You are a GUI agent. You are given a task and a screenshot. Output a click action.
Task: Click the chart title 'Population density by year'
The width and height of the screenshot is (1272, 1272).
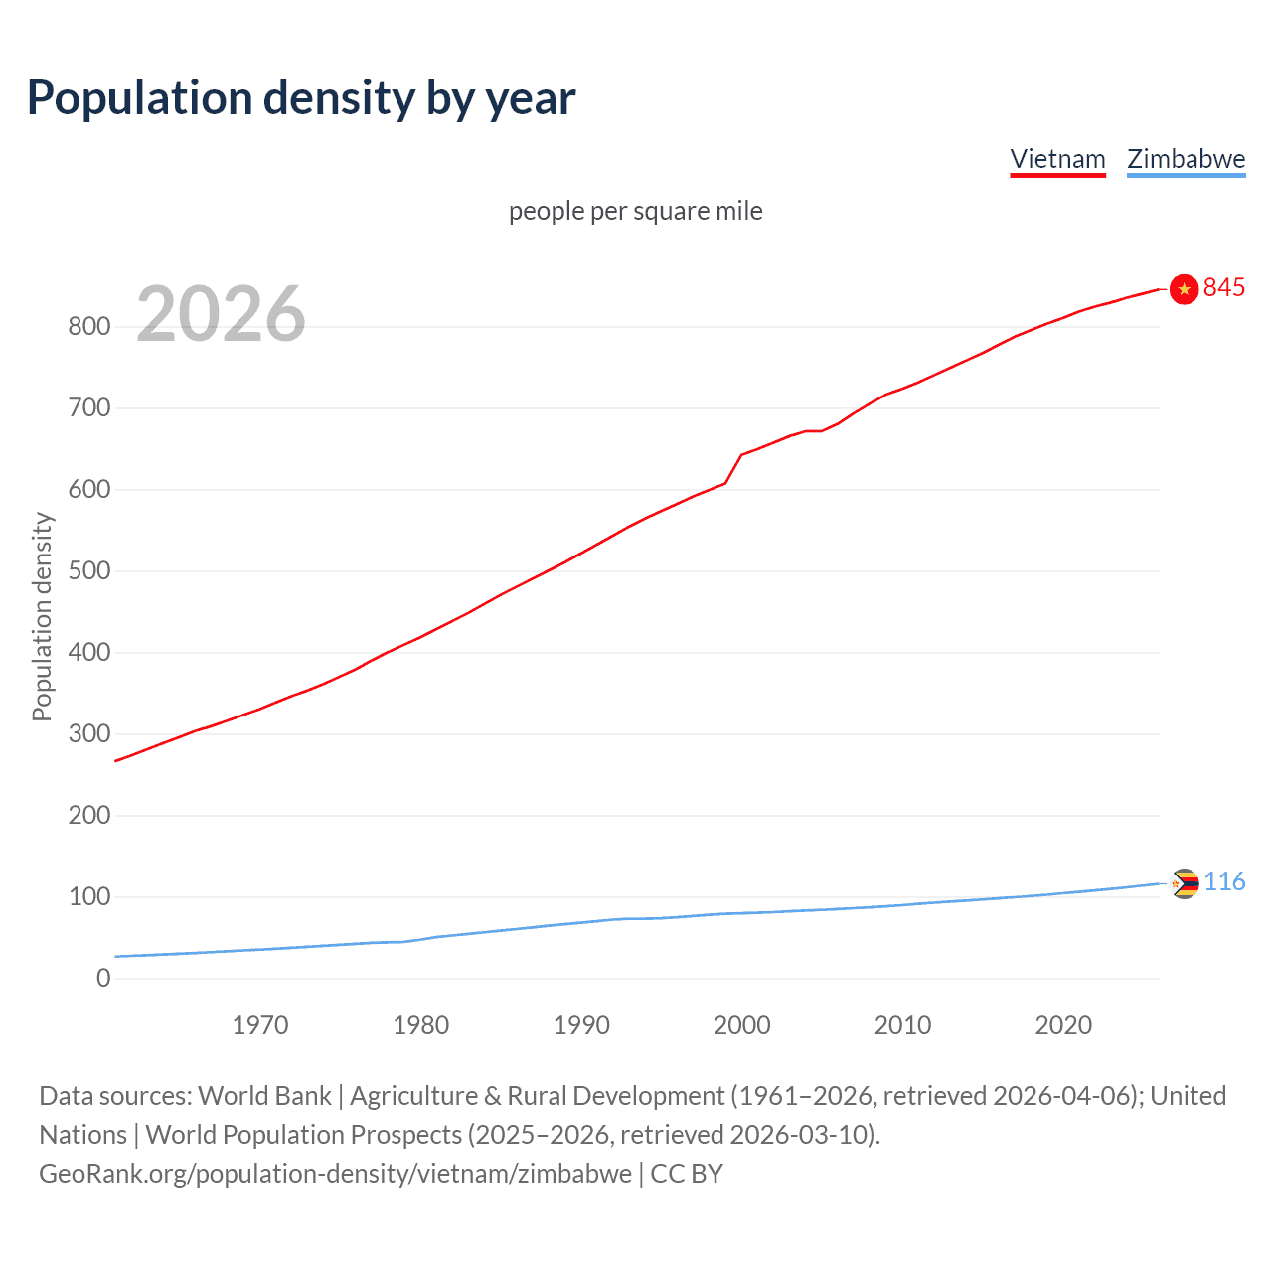[x=301, y=98]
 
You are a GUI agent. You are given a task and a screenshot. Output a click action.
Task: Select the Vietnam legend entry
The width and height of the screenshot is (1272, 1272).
[x=1057, y=159]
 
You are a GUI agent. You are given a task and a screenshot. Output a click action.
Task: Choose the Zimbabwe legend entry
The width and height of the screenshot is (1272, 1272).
[x=1186, y=159]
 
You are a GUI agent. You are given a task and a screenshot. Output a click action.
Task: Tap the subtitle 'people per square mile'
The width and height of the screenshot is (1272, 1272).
[x=636, y=211]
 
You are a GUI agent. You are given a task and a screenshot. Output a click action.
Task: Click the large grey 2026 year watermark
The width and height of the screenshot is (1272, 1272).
[x=221, y=314]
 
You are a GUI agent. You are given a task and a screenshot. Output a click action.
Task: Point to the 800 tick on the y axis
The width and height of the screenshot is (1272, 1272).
[x=89, y=326]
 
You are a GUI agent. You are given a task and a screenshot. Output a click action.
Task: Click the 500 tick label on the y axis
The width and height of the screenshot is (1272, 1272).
[x=89, y=571]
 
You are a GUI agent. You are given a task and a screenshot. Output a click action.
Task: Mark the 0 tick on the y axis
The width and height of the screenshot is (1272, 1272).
[x=103, y=978]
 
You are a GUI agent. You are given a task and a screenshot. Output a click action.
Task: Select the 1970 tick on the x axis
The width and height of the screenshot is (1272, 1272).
[x=260, y=1025]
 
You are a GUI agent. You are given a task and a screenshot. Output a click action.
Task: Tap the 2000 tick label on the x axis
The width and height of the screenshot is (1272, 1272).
[x=741, y=1025]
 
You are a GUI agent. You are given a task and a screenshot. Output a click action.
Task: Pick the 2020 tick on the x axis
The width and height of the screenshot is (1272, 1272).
[x=1063, y=1025]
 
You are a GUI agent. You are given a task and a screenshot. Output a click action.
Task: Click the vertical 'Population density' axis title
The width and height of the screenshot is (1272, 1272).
[x=42, y=616]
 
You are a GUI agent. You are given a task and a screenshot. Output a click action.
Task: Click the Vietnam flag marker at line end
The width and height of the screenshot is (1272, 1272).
[x=1184, y=288]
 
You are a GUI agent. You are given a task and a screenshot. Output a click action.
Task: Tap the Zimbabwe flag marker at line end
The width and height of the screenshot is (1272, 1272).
[x=1185, y=882]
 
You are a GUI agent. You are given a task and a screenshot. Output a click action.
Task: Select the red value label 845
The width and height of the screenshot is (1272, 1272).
[x=1224, y=287]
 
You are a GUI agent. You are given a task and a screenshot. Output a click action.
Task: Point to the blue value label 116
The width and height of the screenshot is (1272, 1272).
[x=1225, y=881]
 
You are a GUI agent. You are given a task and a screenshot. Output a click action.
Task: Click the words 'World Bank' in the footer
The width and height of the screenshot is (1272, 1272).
[x=264, y=1096]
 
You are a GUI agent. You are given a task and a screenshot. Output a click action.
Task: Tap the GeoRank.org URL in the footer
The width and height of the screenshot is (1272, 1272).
[x=335, y=1174]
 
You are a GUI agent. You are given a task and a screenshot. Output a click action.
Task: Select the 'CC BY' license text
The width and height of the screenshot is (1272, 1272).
[x=687, y=1174]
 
